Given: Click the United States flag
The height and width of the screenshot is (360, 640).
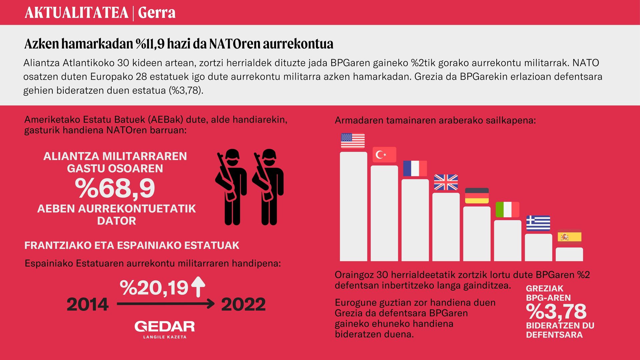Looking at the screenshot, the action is pyautogui.click(x=353, y=141).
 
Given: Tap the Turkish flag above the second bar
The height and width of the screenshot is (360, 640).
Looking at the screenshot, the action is pyautogui.click(x=384, y=155).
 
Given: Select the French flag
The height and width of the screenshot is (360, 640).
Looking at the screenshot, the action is pyautogui.click(x=415, y=168).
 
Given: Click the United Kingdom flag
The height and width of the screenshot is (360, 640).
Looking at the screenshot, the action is pyautogui.click(x=446, y=182).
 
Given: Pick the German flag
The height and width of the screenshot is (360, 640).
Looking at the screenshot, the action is pyautogui.click(x=477, y=196).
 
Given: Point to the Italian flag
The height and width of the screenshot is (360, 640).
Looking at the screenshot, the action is pyautogui.click(x=507, y=209).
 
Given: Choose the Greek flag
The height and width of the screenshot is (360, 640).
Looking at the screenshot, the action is pyautogui.click(x=538, y=223).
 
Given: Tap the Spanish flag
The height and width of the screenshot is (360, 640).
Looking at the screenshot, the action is pyautogui.click(x=569, y=237).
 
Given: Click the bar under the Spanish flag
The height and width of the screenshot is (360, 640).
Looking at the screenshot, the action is pyautogui.click(x=569, y=254).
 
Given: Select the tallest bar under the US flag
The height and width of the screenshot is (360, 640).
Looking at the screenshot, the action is pyautogui.click(x=353, y=207).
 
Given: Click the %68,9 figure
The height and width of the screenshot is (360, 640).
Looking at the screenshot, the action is pyautogui.click(x=115, y=189).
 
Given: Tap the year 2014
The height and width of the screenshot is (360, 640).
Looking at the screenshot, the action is pyautogui.click(x=88, y=304).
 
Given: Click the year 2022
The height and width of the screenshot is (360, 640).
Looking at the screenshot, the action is pyautogui.click(x=243, y=304).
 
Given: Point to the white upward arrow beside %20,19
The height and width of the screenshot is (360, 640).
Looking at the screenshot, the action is pyautogui.click(x=198, y=287).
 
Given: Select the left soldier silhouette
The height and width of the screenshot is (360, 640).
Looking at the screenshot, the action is pyautogui.click(x=231, y=187).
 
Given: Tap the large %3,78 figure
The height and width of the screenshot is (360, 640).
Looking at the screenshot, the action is pyautogui.click(x=556, y=312).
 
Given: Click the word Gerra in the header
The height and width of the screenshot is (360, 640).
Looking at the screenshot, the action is pyautogui.click(x=157, y=13).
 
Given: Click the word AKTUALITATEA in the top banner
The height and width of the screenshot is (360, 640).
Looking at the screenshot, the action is pyautogui.click(x=77, y=13).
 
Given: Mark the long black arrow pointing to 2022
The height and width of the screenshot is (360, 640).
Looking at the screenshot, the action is pyautogui.click(x=166, y=304).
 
